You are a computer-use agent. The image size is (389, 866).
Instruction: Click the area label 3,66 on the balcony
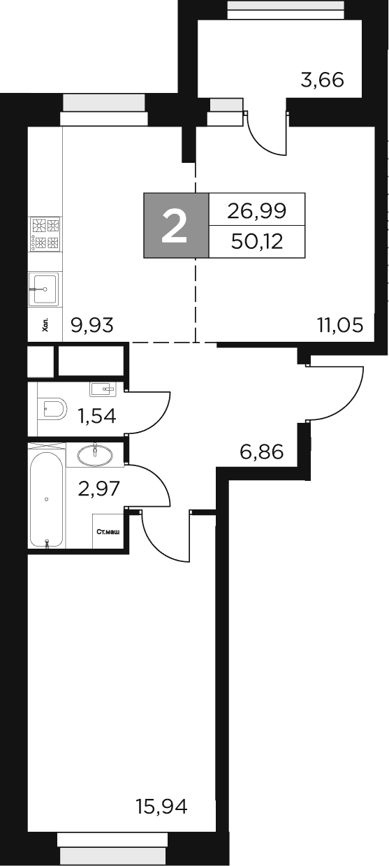[x=322, y=80]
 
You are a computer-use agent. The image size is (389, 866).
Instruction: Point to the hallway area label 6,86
[x=261, y=452]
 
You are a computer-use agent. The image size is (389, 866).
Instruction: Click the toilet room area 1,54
[x=96, y=417]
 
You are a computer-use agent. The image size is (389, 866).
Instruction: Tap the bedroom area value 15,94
[x=161, y=807]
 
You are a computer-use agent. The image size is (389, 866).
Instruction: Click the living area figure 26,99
[x=257, y=209]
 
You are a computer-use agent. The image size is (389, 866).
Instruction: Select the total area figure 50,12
[x=257, y=241]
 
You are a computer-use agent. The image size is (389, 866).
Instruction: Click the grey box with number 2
[x=176, y=225]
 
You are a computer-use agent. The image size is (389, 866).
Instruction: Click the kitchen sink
[x=45, y=288]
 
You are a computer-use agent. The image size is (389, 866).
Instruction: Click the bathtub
[x=47, y=499]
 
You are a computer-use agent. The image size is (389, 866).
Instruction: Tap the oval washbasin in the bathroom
[x=94, y=455]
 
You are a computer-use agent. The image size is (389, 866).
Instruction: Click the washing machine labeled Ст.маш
[x=108, y=532]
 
